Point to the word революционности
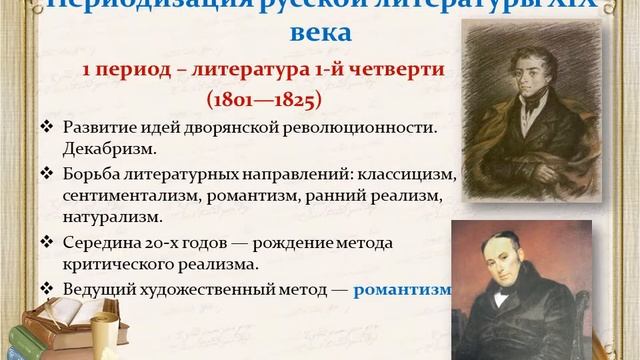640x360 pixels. pos(357,130)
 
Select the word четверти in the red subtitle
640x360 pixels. pos(386,71)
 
